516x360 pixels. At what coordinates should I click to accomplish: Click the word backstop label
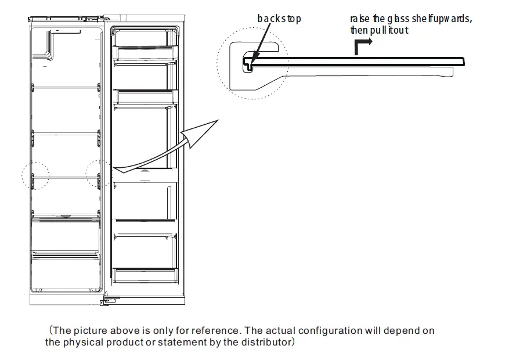coord(279,19)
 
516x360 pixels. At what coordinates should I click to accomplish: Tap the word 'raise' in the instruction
coord(359,19)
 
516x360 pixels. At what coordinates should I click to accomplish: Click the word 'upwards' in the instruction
coord(450,19)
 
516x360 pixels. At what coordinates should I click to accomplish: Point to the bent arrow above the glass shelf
coord(363,45)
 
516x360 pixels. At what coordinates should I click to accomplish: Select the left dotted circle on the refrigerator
coord(35,175)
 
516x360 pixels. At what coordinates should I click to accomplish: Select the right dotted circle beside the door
coord(99,174)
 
